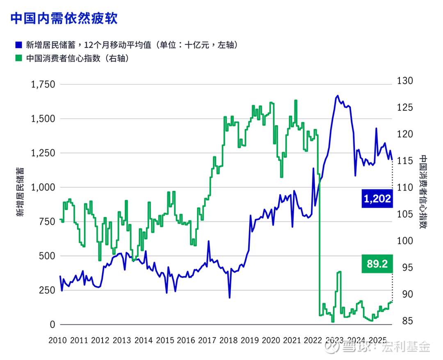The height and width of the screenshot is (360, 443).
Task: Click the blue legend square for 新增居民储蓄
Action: point(18,45)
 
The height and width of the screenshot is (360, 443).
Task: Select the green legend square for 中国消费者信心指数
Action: point(18,58)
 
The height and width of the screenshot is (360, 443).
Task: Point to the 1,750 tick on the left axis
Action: point(43,85)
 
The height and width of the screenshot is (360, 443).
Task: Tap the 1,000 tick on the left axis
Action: point(43,187)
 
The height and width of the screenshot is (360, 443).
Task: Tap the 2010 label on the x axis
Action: point(58,340)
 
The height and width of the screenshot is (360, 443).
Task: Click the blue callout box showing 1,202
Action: point(376,199)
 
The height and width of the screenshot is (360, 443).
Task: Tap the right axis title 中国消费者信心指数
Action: point(423,192)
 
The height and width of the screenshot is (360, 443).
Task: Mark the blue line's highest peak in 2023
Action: point(338,96)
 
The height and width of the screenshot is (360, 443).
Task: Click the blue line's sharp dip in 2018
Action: point(230,297)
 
